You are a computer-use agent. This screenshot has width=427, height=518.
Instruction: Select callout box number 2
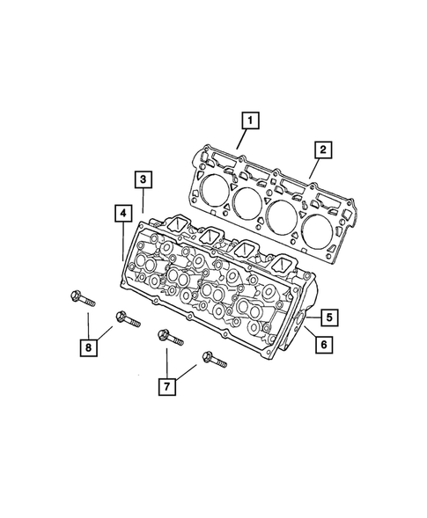[324, 150]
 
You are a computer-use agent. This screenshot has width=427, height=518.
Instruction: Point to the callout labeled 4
[122, 212]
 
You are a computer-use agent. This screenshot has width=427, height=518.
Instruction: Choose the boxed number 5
[325, 317]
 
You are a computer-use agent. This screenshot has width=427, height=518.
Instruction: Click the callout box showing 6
[323, 346]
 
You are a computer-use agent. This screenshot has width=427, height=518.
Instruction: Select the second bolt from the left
[125, 320]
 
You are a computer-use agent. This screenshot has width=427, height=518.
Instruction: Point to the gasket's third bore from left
[285, 217]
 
